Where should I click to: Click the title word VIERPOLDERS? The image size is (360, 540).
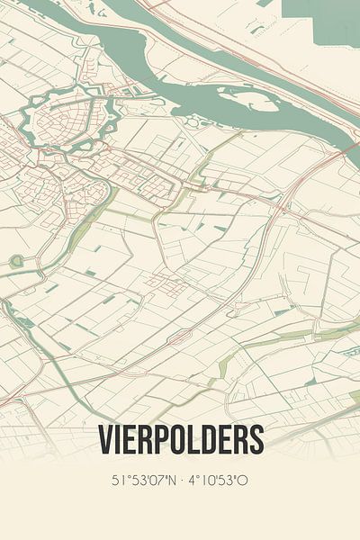[x=180, y=439]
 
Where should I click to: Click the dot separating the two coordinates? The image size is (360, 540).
[x=183, y=481]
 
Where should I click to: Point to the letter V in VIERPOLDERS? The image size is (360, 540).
[x=104, y=439]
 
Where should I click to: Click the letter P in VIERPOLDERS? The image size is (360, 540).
[x=160, y=439]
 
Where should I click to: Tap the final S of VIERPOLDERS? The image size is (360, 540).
[x=256, y=439]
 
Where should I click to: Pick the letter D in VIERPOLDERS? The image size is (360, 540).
[x=204, y=439]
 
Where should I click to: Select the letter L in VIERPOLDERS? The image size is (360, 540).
[x=191, y=439]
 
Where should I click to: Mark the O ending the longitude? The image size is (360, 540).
[x=244, y=481]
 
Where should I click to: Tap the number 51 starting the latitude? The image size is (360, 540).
[x=117, y=481]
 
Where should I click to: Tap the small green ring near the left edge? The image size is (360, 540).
[x=16, y=261]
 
